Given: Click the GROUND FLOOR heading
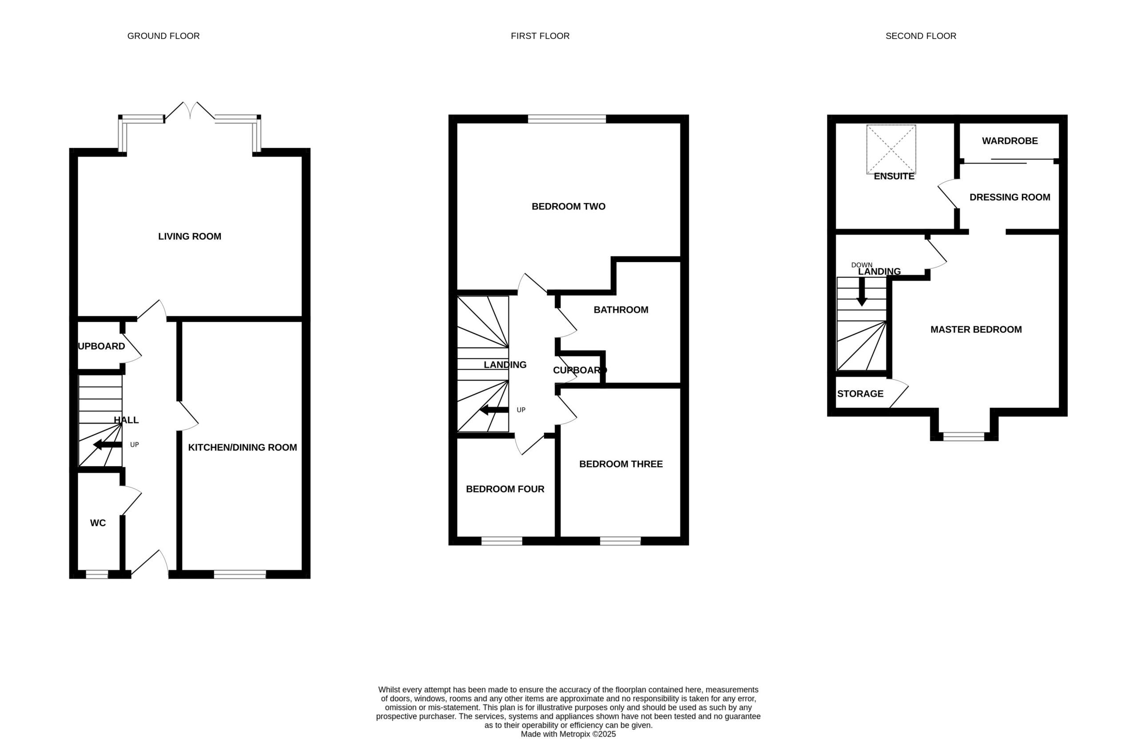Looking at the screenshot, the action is [x=163, y=36].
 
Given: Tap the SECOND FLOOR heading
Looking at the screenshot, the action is [x=921, y=36].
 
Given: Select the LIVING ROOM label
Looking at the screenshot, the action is [x=190, y=236].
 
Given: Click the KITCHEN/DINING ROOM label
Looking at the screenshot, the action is [x=242, y=447].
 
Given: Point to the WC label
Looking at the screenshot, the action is [x=98, y=523].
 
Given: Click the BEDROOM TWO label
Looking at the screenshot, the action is [x=568, y=207].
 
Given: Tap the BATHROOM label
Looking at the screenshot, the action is [x=620, y=310].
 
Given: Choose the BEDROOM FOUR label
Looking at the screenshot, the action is [x=505, y=489].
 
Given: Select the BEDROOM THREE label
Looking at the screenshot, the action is [x=620, y=464].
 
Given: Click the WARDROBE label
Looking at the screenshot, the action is [x=1010, y=141].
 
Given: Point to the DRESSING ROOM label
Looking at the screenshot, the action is [x=1010, y=197].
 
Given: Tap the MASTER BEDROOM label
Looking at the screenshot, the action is [x=976, y=329].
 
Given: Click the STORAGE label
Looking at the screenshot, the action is [x=860, y=394].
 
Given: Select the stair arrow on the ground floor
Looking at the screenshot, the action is [x=107, y=445].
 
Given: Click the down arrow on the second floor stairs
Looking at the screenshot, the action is [x=862, y=292].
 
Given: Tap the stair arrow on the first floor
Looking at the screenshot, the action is [x=494, y=410].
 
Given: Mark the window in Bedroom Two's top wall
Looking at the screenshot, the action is [x=567, y=119].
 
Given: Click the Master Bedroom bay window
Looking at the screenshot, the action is [x=964, y=436].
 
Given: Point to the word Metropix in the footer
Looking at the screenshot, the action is [x=575, y=734].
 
